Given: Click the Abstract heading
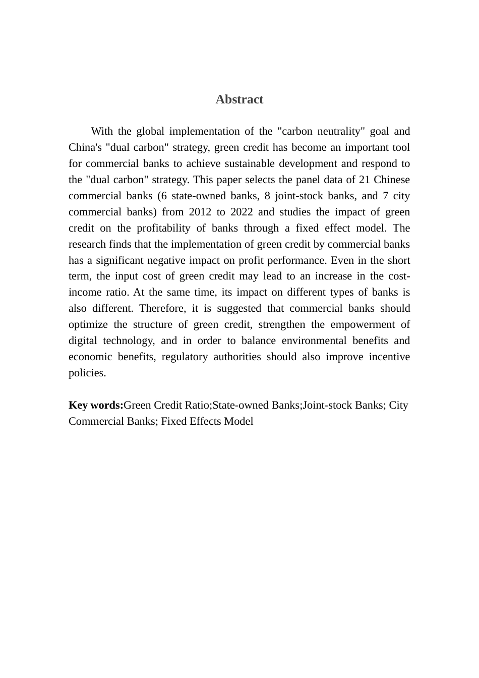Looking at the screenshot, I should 239,99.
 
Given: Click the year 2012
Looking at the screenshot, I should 200,212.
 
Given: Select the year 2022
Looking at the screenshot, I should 242,212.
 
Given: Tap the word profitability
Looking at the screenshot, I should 166,229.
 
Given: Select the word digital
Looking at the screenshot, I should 83,341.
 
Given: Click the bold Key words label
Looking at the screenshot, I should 96,406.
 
